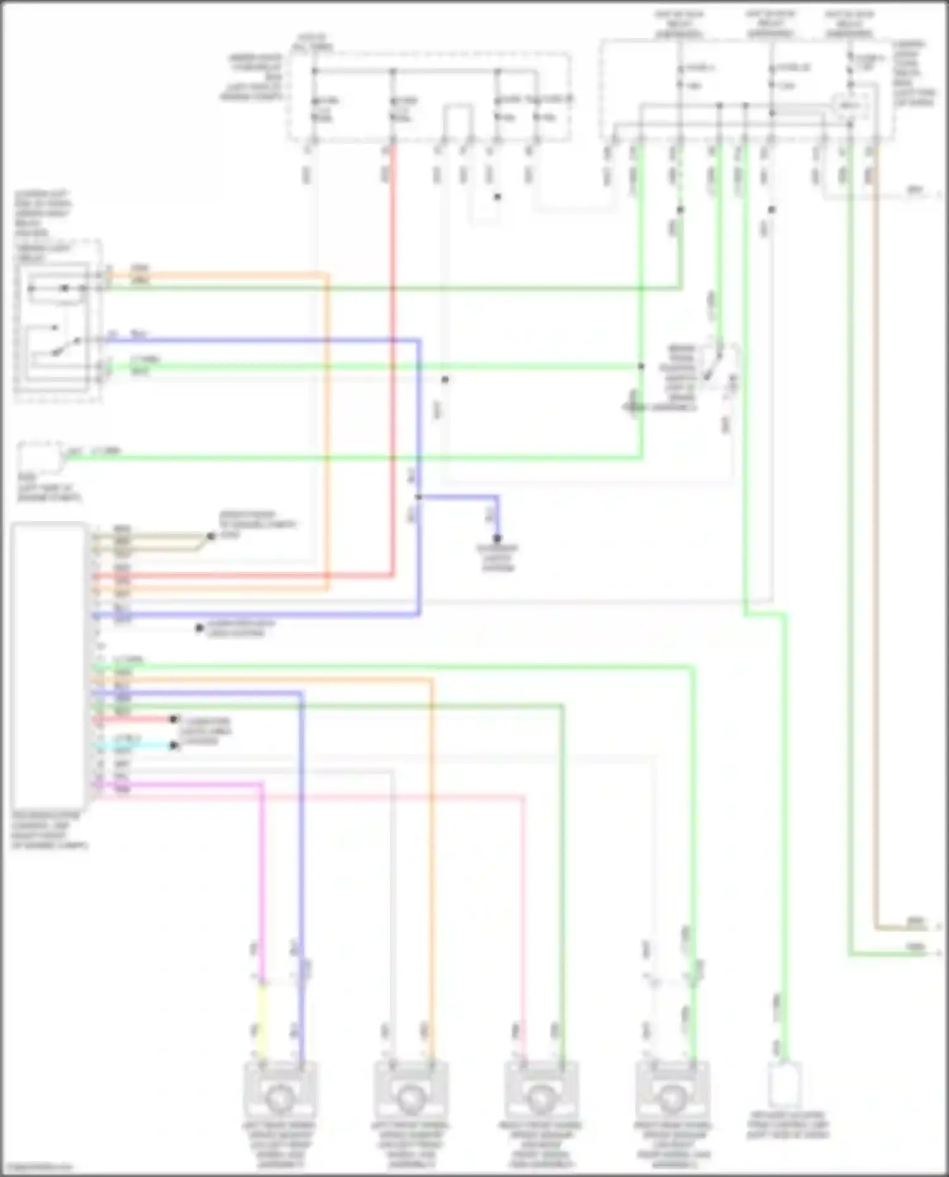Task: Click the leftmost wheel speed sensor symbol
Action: [279, 1098]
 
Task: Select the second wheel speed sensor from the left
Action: [410, 1098]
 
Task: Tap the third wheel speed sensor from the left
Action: [541, 1098]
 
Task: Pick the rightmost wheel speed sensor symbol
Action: [672, 1098]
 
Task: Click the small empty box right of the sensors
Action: [785, 1085]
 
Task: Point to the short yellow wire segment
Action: [261, 1018]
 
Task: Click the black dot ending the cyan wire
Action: [173, 746]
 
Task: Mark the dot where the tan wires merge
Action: [210, 536]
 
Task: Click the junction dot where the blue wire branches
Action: [418, 497]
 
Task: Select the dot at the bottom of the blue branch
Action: [497, 538]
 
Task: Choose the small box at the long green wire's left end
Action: [39, 457]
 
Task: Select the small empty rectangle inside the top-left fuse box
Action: [457, 121]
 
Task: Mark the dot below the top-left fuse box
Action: [497, 197]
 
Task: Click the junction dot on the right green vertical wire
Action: [641, 366]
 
